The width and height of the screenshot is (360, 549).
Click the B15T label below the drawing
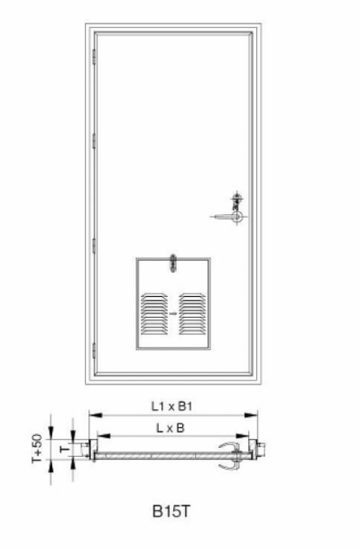pyautogui.click(x=171, y=511)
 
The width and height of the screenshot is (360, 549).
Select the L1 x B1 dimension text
pyautogui.click(x=171, y=406)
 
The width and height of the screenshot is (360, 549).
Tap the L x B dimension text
pyautogui.click(x=170, y=428)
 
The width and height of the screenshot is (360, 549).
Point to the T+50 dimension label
pyautogui.click(x=37, y=448)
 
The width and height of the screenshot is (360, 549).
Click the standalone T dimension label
pyautogui.click(x=64, y=449)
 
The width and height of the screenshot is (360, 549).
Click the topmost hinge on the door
pyautogui.click(x=94, y=57)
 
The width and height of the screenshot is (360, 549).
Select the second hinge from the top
pyautogui.click(x=94, y=141)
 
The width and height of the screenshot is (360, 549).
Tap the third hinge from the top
pyautogui.click(x=94, y=246)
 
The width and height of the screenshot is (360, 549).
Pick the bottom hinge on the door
pyautogui.click(x=94, y=350)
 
